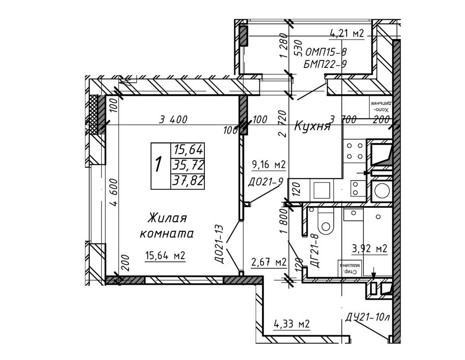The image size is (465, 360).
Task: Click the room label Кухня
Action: pos(312,126)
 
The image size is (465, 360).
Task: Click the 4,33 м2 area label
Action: pos(292,324)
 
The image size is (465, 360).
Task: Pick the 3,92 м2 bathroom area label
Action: pos(369,248)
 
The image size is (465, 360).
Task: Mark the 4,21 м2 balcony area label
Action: pos(347,34)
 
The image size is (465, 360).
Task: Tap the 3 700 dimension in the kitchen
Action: pos(343,119)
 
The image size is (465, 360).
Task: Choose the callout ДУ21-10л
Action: pos(367,318)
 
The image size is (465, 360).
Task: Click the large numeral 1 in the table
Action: pos(158,165)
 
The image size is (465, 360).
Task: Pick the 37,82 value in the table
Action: pos(188,181)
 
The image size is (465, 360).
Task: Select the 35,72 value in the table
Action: pos(188,165)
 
